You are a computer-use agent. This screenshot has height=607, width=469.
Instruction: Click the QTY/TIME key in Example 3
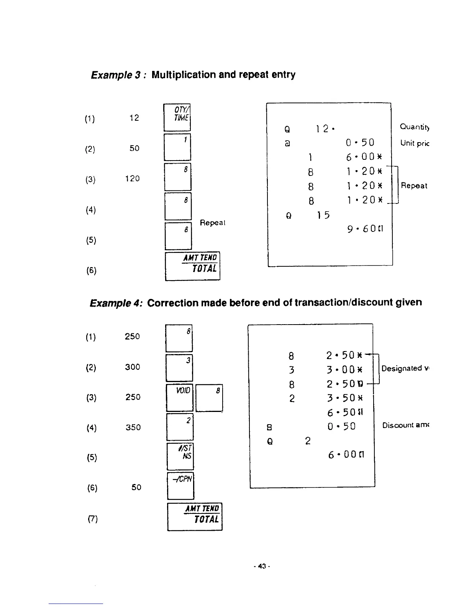(x=177, y=117)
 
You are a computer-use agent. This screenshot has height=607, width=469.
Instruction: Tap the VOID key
(x=180, y=398)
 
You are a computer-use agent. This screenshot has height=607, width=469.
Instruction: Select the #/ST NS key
(x=180, y=456)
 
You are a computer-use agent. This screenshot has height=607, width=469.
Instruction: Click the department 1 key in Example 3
(x=177, y=147)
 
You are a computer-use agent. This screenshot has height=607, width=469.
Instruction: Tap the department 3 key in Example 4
(x=179, y=367)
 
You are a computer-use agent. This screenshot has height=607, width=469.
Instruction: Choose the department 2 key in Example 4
(x=180, y=427)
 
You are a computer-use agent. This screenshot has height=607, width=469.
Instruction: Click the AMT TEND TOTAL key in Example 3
(x=192, y=266)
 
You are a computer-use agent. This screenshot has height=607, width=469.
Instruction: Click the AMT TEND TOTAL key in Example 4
(x=195, y=516)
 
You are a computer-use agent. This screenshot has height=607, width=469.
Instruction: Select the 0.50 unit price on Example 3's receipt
(x=359, y=143)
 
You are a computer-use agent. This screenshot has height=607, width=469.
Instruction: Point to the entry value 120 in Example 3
(x=132, y=179)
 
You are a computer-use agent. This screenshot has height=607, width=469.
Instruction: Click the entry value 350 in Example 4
(x=133, y=427)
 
